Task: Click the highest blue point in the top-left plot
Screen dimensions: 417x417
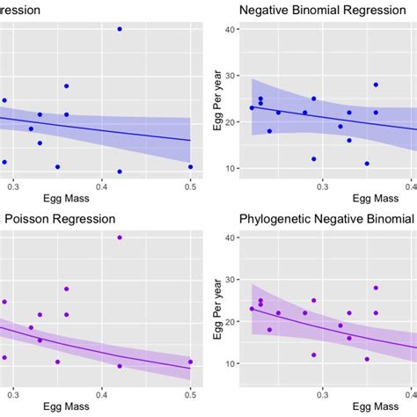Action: coord(120,29)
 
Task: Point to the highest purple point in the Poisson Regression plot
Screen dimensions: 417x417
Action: coord(120,238)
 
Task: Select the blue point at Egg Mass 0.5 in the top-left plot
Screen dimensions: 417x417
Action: coord(190,166)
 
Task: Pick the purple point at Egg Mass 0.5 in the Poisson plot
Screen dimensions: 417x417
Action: coord(190,362)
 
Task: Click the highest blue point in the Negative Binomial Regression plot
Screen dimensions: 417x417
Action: coord(376,84)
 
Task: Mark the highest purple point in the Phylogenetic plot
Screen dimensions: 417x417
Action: coord(376,288)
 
